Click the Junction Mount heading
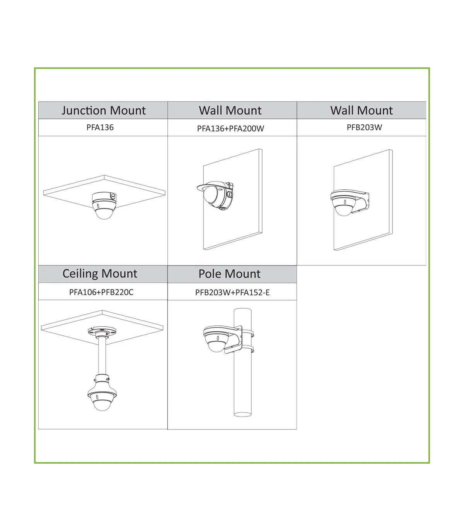pyautogui.click(x=103, y=110)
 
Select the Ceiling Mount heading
pyautogui.click(x=100, y=274)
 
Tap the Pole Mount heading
pyautogui.click(x=229, y=274)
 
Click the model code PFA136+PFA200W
pyautogui.click(x=230, y=128)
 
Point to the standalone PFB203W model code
pyautogui.click(x=364, y=127)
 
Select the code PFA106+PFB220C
pyautogui.click(x=101, y=292)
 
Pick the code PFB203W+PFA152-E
pyautogui.click(x=232, y=293)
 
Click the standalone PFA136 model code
pyautogui.click(x=100, y=127)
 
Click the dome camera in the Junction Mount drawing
pyautogui.click(x=104, y=206)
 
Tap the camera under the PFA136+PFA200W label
pyautogui.click(x=215, y=195)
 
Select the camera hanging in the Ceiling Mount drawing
pyautogui.click(x=102, y=392)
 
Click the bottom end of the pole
pyautogui.click(x=242, y=415)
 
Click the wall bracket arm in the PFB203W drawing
pyautogui.click(x=361, y=201)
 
